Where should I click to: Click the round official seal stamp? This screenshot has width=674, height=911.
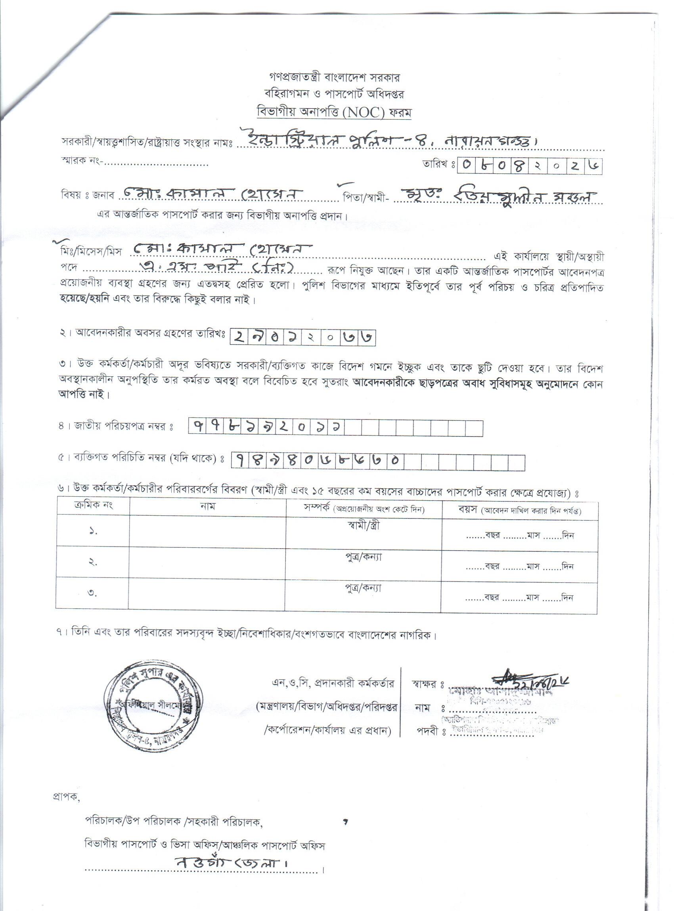tap(154, 705)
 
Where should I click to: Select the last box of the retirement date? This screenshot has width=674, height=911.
tap(366, 338)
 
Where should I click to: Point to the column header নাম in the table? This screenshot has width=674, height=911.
tap(208, 507)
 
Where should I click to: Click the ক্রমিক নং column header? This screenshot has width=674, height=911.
tap(94, 505)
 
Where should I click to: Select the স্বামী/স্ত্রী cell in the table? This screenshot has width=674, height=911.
tap(364, 526)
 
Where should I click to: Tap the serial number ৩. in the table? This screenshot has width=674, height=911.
tap(93, 593)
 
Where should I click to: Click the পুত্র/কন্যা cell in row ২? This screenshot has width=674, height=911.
tap(364, 557)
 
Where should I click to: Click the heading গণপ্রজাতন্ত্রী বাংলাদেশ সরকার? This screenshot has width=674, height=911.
tap(334, 77)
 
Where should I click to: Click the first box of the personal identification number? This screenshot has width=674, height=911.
tap(240, 461)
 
